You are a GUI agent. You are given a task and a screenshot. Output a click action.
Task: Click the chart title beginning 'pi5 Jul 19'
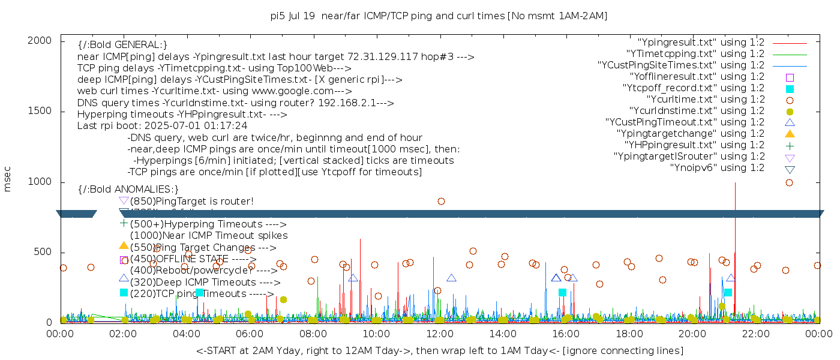pos(439,16)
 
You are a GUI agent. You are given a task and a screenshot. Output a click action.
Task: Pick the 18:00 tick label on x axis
pos(629,333)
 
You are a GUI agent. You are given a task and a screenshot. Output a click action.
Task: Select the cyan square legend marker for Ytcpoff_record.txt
pos(790,88)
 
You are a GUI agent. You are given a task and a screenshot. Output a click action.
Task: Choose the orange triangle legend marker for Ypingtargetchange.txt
pos(790,133)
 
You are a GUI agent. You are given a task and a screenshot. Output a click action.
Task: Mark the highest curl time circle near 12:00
pos(441,202)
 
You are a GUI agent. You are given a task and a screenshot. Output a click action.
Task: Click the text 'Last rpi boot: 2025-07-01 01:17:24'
pos(162,126)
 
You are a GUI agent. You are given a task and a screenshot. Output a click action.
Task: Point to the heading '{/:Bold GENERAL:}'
pos(122,45)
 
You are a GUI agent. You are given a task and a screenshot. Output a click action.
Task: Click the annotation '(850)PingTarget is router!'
pos(191,201)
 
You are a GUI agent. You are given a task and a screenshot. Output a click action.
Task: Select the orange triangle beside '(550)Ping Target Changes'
pos(124,245)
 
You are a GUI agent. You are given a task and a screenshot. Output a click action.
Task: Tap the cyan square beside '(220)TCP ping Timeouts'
pos(124,292)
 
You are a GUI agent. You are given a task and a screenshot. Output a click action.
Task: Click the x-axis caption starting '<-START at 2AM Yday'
pos(439,350)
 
